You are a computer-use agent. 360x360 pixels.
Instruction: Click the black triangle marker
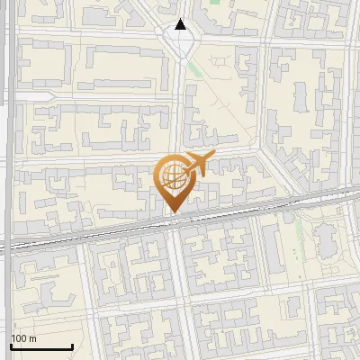point(181,25)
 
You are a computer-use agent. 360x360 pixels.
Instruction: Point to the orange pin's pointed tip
point(174,212)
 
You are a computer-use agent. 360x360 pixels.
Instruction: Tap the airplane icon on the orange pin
point(196,164)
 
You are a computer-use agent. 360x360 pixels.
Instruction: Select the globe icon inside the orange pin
point(174,178)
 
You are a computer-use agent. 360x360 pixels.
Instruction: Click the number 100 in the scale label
point(19,338)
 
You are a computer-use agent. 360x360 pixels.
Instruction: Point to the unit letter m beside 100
point(33,338)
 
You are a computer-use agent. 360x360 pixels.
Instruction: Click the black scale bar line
point(40,346)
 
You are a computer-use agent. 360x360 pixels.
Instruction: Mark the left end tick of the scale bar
point(10,345)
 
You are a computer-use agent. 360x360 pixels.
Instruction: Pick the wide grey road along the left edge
point(8,135)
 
